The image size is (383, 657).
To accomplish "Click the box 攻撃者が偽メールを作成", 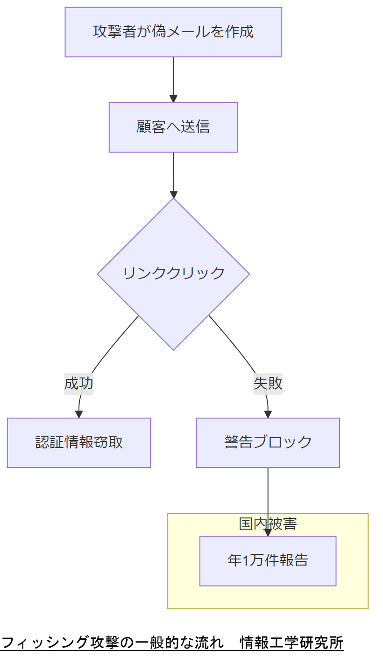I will [x=173, y=32].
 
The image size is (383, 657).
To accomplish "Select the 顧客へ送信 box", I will [x=173, y=127].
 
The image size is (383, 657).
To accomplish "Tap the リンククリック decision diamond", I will [x=173, y=274].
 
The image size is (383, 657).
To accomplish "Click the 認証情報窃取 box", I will [x=79, y=443].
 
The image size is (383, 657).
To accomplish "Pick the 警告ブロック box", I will [x=268, y=443].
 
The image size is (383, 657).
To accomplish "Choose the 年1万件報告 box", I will [x=268, y=561].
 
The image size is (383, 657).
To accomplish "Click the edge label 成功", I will [x=79, y=384].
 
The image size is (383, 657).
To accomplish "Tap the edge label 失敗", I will [x=268, y=384].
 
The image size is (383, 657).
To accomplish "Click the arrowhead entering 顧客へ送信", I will [x=173, y=99].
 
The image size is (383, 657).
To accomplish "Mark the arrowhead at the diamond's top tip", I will [x=174, y=195].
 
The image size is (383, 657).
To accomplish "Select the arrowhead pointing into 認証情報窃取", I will [x=79, y=414].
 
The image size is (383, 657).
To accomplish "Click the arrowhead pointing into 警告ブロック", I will [x=268, y=414].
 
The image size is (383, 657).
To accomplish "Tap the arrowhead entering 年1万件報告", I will [x=268, y=532].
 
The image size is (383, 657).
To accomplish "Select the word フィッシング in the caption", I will [x=45, y=643].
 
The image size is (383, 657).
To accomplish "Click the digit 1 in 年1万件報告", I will [x=246, y=561].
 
